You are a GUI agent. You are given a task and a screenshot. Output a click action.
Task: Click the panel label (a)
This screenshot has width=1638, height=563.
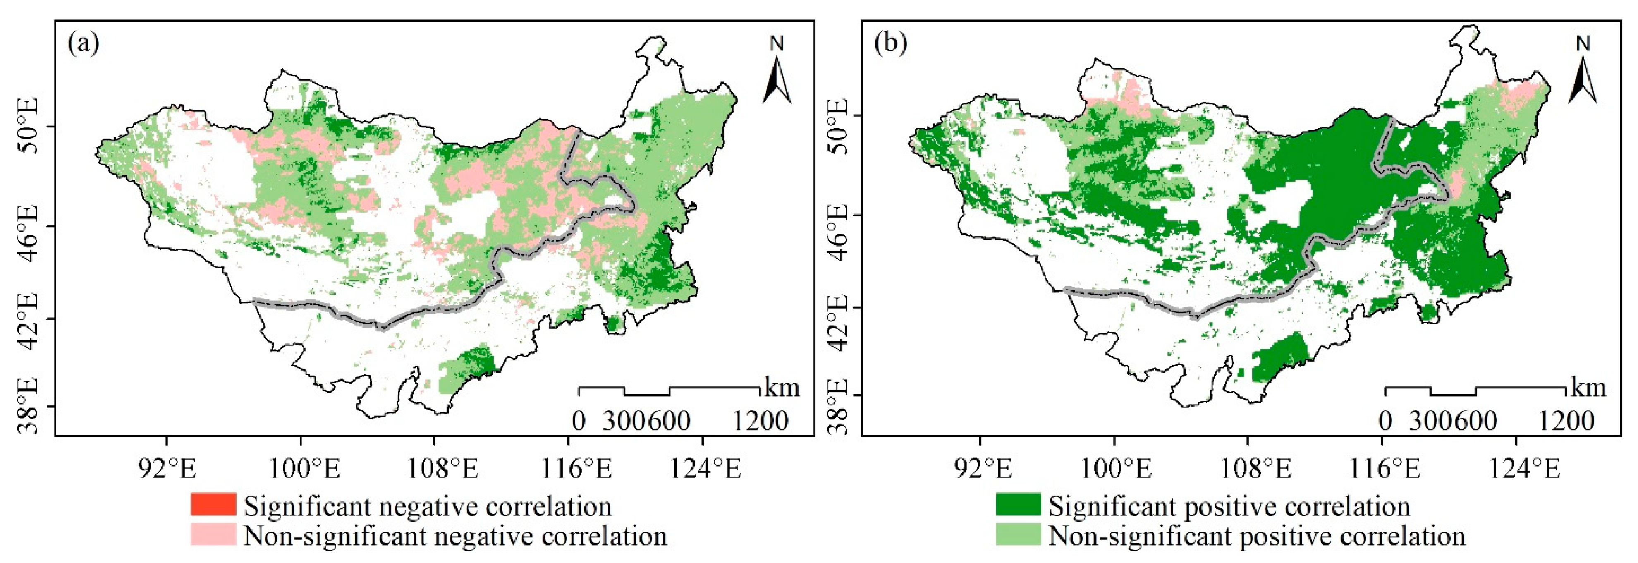point(83,45)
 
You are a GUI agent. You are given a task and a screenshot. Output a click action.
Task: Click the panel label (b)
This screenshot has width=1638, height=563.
point(891,45)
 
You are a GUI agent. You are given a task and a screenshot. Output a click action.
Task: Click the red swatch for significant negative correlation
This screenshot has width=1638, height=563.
point(213,505)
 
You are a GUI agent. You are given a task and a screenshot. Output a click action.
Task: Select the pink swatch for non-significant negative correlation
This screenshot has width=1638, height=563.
point(213,534)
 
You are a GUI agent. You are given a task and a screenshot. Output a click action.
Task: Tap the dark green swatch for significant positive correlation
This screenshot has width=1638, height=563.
point(1019,505)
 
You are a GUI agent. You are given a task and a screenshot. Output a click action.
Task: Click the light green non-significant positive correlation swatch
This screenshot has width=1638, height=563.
point(1019,534)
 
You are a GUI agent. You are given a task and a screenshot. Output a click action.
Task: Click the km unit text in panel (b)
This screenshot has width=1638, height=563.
point(1588,388)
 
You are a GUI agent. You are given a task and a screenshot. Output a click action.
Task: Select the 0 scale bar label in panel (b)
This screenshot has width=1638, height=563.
point(1385,421)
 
